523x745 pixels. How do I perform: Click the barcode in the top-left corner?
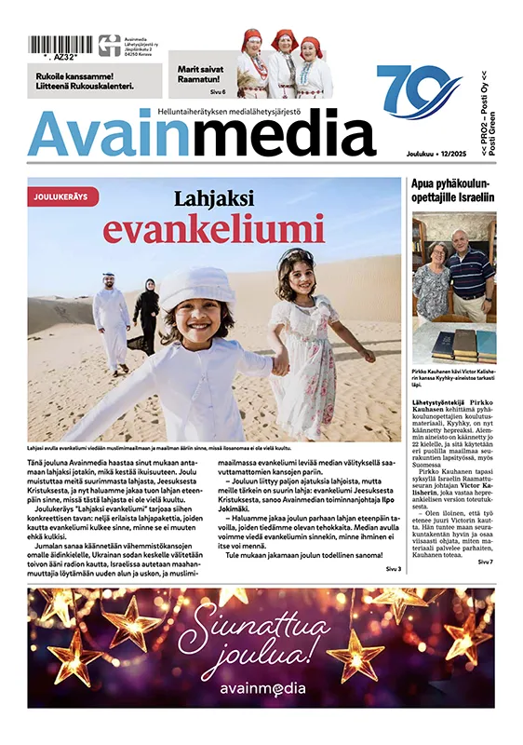tap(60, 44)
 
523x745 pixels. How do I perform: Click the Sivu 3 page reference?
tap(392, 569)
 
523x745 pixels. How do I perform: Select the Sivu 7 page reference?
tap(485, 562)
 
